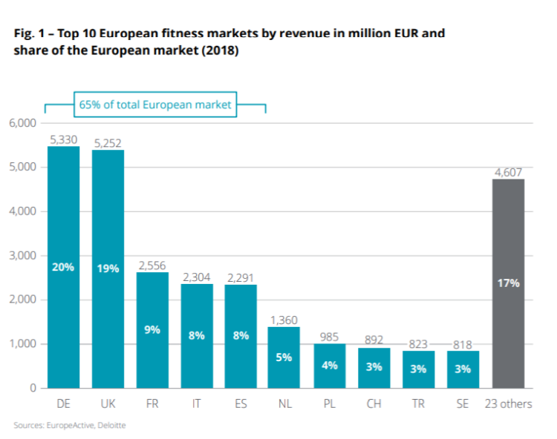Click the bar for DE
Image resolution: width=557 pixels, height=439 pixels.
click(64, 267)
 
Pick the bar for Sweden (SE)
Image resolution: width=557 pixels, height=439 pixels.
click(463, 369)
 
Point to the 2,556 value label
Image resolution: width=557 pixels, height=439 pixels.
click(152, 265)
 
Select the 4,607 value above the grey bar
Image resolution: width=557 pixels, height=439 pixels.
click(509, 172)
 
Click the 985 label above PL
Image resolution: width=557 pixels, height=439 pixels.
click(330, 336)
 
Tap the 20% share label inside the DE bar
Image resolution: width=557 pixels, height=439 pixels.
click(64, 267)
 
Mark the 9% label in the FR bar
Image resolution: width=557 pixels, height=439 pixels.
click(152, 330)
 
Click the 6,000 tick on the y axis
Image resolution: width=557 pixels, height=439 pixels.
click(23, 123)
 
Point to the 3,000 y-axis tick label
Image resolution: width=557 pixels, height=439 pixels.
click(23, 256)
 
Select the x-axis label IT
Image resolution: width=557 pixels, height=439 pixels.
click(197, 403)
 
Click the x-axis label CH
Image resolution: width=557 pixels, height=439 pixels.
click(374, 403)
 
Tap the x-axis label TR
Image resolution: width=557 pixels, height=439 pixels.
click(419, 403)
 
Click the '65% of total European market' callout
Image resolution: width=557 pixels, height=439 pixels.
click(155, 105)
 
